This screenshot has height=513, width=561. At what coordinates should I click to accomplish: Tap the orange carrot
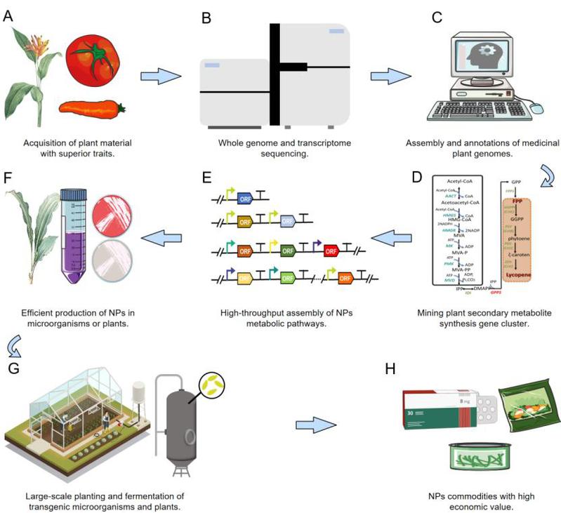91,107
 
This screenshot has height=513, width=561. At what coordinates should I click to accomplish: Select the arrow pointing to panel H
308,425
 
